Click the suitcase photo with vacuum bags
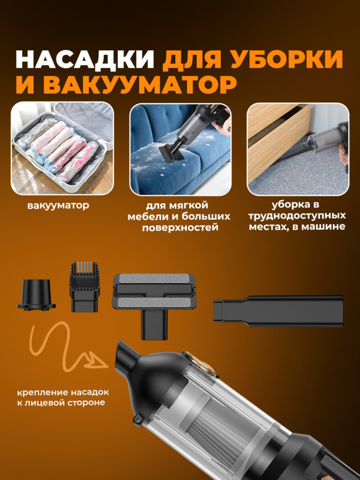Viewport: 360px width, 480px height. coord(62,148)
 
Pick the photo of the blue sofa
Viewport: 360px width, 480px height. coord(180,149)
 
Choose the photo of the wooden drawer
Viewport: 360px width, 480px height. coord(298,149)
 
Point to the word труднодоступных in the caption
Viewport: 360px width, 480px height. coord(297,216)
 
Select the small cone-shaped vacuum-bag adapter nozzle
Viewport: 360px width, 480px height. coord(36,295)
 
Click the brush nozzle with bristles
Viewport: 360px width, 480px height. coord(84,287)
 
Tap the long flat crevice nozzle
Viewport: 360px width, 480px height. coord(278,311)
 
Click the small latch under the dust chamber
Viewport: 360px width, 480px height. coord(138,418)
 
